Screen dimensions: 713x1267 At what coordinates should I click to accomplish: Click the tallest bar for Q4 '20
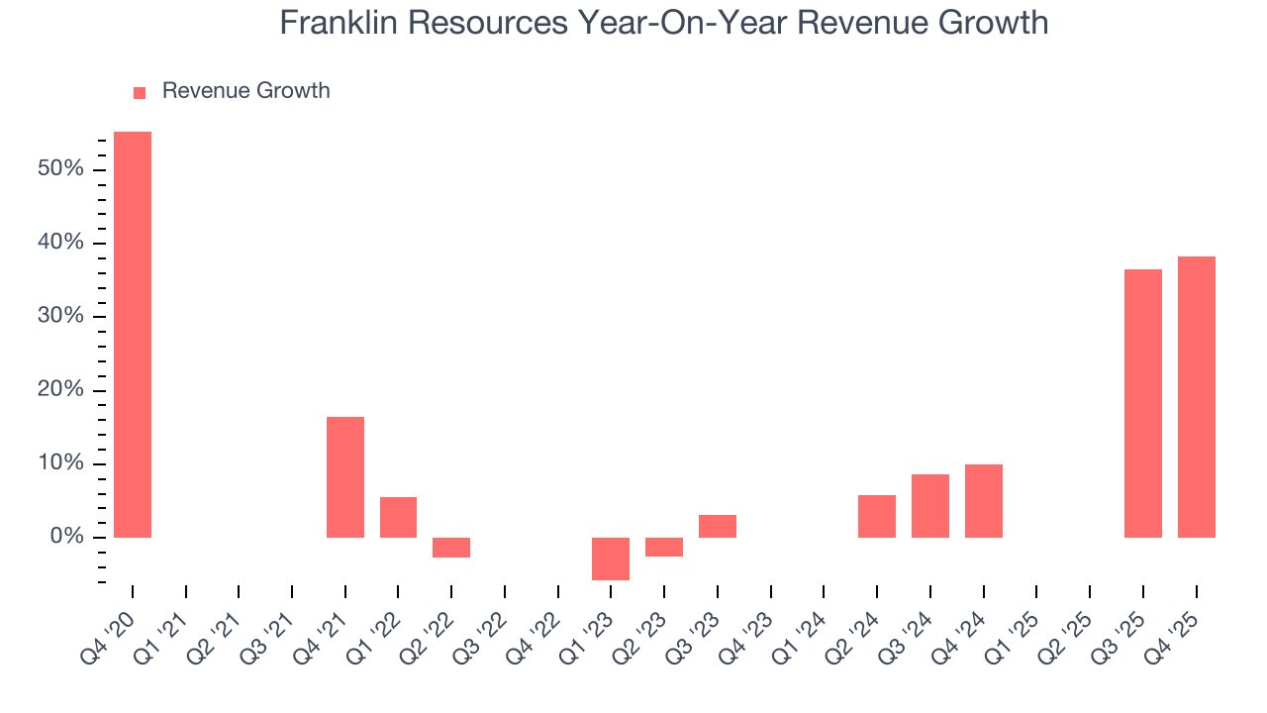[133, 335]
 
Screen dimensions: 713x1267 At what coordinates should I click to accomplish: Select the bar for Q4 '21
[345, 477]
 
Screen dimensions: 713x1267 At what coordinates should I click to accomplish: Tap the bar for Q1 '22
[398, 517]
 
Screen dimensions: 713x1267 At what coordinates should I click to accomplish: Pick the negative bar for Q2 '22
[451, 548]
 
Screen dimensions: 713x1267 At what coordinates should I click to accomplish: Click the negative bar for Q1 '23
[611, 559]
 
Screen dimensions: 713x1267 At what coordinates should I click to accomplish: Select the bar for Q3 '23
[718, 526]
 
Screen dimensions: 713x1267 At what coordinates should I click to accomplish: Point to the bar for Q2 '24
[877, 516]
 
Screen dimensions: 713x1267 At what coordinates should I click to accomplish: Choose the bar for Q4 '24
[984, 501]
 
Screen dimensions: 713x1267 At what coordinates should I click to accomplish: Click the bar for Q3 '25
[1143, 403]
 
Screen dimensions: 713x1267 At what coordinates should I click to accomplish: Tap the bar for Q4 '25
[1197, 397]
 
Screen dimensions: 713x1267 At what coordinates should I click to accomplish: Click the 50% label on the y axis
[60, 169]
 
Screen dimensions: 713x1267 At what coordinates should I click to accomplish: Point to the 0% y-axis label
[66, 538]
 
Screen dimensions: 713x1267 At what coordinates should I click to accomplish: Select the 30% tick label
[60, 317]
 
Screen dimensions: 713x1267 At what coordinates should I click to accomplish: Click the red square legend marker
[140, 92]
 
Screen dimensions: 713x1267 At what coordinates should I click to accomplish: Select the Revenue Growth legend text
[245, 91]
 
